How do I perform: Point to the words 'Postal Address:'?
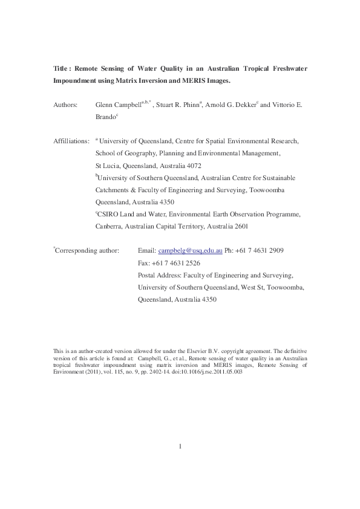pyautogui.click(x=159, y=275)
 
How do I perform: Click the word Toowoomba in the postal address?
pyautogui.click(x=285, y=287)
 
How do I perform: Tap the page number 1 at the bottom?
pyautogui.click(x=180, y=464)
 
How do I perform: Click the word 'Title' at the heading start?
pyautogui.click(x=61, y=68)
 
